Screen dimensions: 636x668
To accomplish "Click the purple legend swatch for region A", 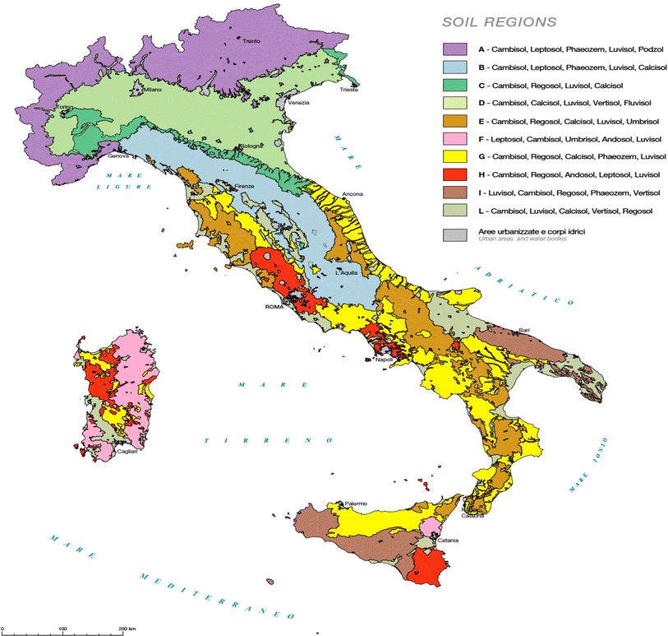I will pos(454,50).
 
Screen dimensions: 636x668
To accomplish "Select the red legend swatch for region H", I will pos(454,174).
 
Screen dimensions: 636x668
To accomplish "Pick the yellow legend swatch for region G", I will pos(454,157).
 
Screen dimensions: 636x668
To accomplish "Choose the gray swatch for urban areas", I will pos(454,234).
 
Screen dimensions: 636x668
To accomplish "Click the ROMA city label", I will pos(274,308).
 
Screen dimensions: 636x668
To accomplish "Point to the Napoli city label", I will pos(385,360).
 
